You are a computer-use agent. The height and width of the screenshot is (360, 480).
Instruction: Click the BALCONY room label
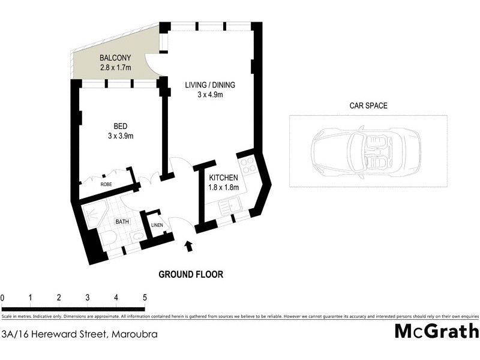click(116, 58)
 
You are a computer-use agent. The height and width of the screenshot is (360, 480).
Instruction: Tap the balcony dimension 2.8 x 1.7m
click(116, 67)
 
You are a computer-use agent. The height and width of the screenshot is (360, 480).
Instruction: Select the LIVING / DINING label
click(209, 85)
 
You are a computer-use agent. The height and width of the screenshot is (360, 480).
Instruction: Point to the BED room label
click(120, 126)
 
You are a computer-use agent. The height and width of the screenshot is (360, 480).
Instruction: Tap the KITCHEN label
click(224, 178)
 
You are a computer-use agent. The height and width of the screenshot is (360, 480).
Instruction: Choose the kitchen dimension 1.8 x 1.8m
click(224, 188)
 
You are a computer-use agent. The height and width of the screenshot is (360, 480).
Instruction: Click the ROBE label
click(106, 184)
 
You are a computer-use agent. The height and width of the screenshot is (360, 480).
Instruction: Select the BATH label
click(122, 221)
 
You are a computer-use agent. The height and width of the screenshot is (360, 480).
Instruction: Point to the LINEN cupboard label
click(157, 225)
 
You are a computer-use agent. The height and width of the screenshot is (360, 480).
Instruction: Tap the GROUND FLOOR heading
click(191, 275)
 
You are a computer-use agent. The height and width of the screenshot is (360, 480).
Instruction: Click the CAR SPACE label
click(368, 106)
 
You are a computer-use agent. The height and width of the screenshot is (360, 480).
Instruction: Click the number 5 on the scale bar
click(144, 298)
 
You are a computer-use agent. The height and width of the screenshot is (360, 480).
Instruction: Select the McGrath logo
click(436, 332)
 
